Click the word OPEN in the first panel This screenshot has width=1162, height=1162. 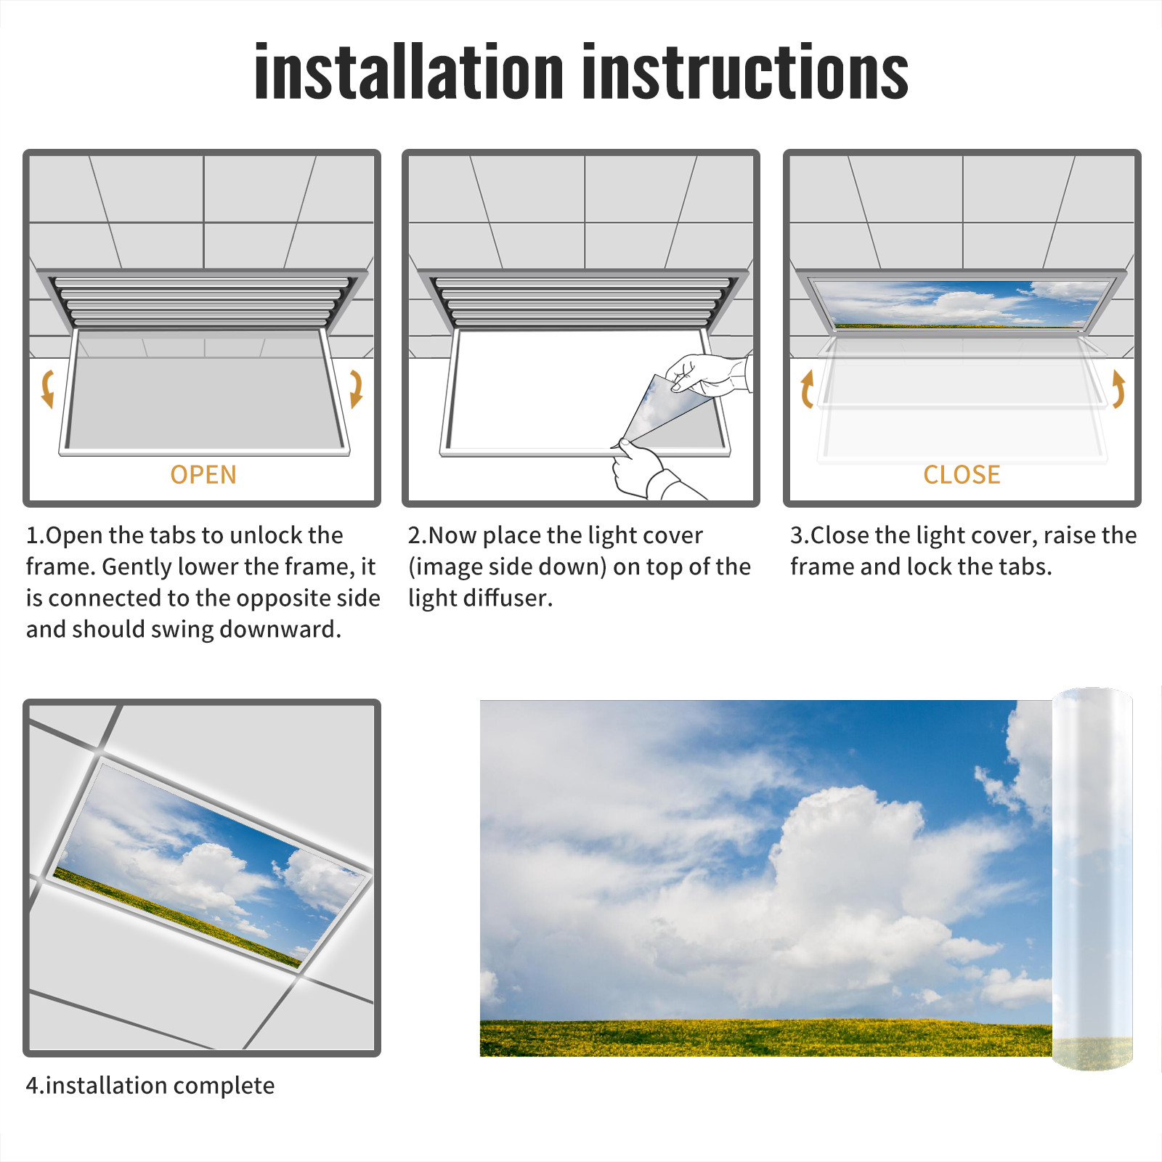[203, 475]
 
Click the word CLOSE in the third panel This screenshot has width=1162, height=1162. [962, 475]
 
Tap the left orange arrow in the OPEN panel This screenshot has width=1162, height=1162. [47, 389]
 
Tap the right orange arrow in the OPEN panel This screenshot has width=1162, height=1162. [356, 389]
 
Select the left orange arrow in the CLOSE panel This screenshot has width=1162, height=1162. [806, 389]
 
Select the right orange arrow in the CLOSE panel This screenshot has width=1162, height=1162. [1118, 389]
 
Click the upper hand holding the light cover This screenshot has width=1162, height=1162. [708, 374]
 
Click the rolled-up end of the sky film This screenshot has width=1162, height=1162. [1092, 879]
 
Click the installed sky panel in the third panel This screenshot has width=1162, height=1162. [962, 304]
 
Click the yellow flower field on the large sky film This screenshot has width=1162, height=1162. [765, 1038]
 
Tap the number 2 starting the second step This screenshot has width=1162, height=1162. [415, 535]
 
